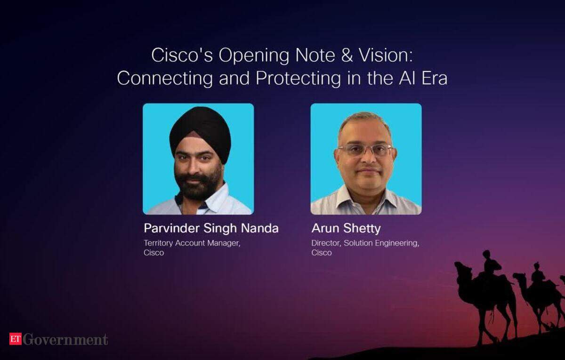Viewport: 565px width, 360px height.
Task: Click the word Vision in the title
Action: point(386,56)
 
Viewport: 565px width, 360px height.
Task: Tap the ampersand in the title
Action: point(347,56)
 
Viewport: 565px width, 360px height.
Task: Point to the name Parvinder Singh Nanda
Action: point(211,228)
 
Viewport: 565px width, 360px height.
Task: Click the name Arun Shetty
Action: point(346,229)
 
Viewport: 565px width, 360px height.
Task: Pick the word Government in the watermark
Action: point(65,339)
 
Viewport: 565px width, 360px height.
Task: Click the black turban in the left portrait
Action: point(200,132)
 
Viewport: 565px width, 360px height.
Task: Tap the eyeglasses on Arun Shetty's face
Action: point(365,150)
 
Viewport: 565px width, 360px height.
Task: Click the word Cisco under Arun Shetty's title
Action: point(321,253)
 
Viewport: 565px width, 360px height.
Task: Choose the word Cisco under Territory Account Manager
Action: point(154,253)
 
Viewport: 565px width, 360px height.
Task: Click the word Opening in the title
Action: point(254,56)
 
